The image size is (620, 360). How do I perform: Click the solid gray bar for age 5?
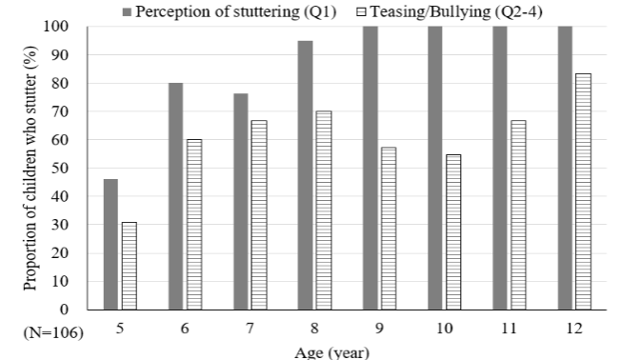click(110, 244)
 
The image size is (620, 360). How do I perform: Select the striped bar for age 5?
click(129, 266)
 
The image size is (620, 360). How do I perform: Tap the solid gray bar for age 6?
click(176, 196)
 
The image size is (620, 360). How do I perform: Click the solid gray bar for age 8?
click(306, 175)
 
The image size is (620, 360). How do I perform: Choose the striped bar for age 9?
click(389, 229)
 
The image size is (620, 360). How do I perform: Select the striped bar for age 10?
click(453, 232)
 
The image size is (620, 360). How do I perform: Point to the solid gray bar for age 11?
click(501, 168)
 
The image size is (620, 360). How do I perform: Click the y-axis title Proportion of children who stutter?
click(14, 170)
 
